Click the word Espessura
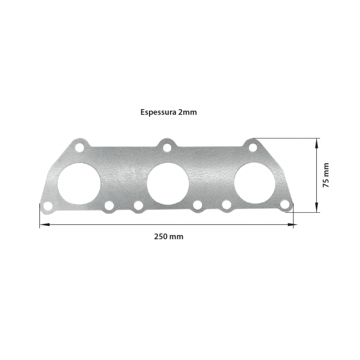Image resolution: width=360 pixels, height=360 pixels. pos(158,112)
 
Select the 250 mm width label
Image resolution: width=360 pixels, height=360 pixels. pos(169,236)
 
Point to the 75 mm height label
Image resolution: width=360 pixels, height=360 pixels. pos(326,175)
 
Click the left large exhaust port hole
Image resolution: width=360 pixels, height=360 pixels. pos(79,183)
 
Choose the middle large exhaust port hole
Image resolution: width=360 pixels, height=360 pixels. pos(168,183)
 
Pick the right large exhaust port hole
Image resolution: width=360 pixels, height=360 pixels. pos(255,183)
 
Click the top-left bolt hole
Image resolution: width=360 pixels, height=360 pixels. pos(79,147)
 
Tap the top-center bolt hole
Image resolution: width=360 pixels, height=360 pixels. pos(167,147)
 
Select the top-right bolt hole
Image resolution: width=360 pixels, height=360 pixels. pos(253,147)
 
